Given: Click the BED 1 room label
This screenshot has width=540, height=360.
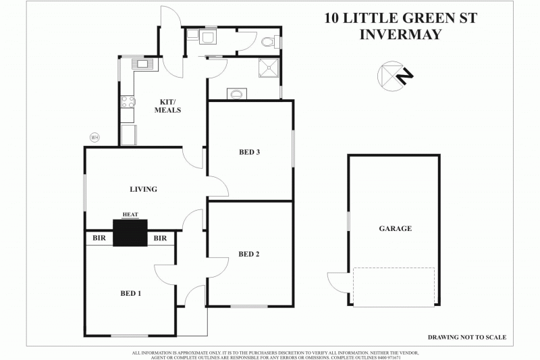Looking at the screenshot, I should tap(130, 293).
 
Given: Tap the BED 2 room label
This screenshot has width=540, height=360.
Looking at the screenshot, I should tap(249, 254).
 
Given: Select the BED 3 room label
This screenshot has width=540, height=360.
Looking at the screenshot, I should tap(249, 152).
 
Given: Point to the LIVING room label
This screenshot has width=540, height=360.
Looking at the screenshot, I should tap(143, 189).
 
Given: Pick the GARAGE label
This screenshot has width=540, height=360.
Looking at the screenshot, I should tap(395, 228).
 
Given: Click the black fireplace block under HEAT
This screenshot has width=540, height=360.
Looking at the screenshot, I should tap(130, 233).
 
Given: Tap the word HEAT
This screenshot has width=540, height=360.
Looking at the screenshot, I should tap(130, 215).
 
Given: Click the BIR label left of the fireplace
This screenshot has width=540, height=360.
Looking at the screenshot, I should tap(98, 238).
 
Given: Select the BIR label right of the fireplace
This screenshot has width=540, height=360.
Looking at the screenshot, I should tap(160, 238).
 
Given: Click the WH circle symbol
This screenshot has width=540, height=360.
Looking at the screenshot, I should tap(94, 137).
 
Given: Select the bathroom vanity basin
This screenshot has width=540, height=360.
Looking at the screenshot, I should tap(237, 94).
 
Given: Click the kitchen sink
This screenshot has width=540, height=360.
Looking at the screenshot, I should tap(143, 65).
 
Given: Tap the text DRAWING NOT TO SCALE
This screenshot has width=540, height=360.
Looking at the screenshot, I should tap(466, 337).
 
